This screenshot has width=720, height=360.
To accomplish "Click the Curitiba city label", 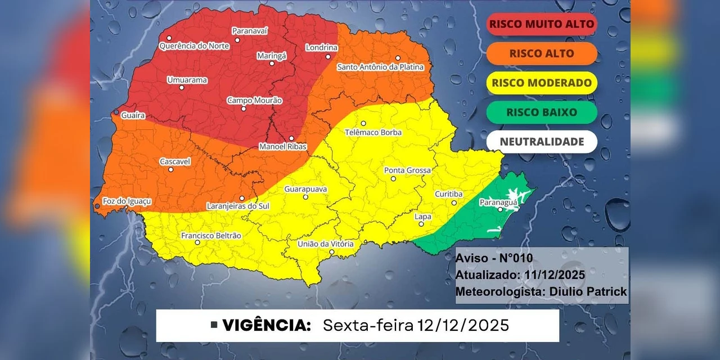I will pyautogui.click(x=448, y=194).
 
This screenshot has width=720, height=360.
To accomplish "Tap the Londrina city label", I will pyautogui.click(x=321, y=48).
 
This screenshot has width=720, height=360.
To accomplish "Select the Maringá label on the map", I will pyautogui.click(x=272, y=56).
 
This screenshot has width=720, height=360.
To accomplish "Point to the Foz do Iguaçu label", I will pyautogui.click(x=127, y=201).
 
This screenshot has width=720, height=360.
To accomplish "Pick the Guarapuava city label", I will pyautogui.click(x=305, y=189).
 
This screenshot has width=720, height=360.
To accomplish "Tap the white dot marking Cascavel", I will pyautogui.click(x=171, y=169).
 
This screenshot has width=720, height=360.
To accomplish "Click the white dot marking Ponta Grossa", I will pyautogui.click(x=394, y=179).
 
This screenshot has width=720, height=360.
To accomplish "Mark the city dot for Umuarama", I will pyautogui.click(x=182, y=87).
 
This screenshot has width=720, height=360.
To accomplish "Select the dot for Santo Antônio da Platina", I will pyautogui.click(x=397, y=58).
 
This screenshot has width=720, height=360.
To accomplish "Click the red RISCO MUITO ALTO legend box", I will pyautogui.click(x=541, y=24).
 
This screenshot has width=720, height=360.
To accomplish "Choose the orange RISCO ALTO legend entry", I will pyautogui.click(x=541, y=53).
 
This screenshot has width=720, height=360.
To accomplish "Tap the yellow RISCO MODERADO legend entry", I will pyautogui.click(x=541, y=83).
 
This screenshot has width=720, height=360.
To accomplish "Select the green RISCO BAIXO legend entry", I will pyautogui.click(x=541, y=112).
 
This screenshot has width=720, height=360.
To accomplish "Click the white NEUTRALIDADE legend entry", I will pyautogui.click(x=541, y=142).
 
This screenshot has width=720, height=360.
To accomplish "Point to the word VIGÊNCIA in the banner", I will pyautogui.click(x=267, y=326).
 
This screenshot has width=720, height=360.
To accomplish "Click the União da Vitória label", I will pyautogui.click(x=326, y=244).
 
